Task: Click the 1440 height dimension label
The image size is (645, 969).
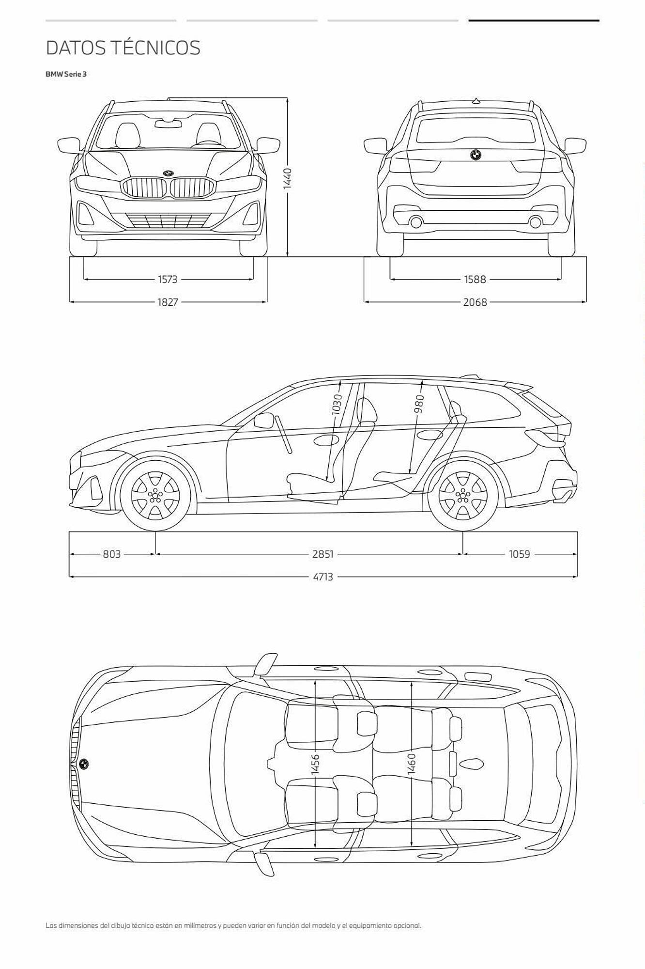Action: point(288,179)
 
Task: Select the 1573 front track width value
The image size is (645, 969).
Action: point(168,279)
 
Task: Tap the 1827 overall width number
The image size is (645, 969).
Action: point(168,302)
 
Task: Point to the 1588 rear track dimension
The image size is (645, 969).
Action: point(475,279)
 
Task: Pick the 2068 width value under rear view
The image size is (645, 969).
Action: point(475,302)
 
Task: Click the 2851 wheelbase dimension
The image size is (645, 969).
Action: point(323,554)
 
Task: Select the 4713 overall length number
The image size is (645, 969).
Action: point(323,577)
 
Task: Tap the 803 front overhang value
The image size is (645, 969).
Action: point(112,554)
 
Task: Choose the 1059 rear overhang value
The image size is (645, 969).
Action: point(520,554)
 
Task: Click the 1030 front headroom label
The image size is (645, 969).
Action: point(337,404)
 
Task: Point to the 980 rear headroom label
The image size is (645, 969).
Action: point(419,404)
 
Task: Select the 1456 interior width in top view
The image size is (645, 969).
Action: point(315,764)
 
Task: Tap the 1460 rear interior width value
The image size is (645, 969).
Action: point(412,764)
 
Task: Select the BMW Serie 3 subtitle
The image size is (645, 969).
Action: point(66,74)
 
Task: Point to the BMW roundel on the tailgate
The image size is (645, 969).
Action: point(476,155)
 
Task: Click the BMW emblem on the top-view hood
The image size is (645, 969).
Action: point(83,764)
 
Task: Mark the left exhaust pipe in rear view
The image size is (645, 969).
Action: point(416,222)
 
